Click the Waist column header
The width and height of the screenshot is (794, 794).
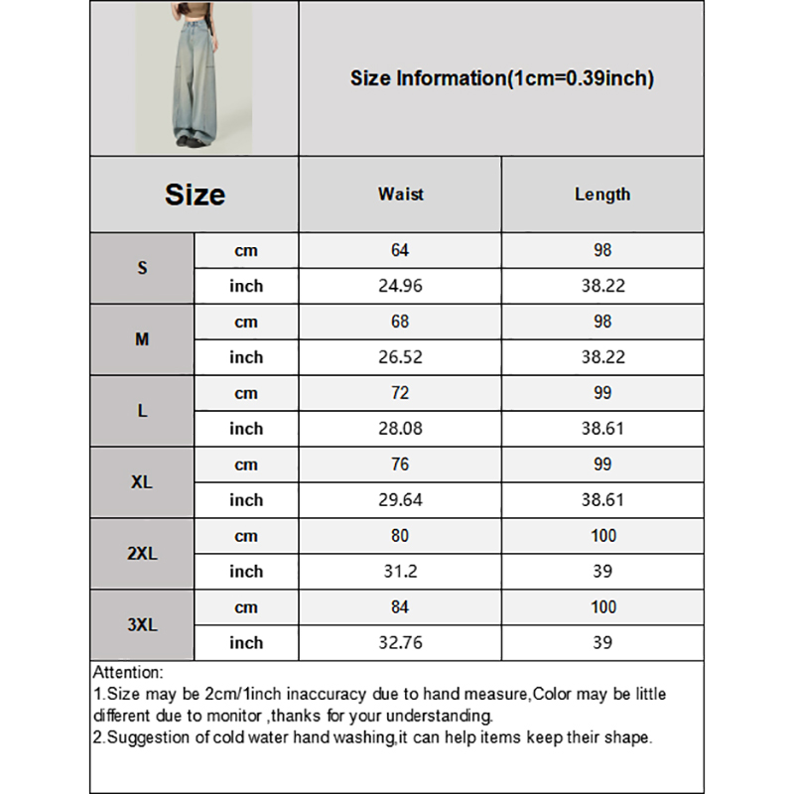tap(400, 195)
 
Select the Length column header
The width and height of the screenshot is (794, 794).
tap(602, 195)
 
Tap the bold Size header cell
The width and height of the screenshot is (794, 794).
tap(195, 195)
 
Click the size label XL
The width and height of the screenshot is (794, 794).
tap(142, 482)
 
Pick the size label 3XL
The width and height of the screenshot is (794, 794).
tap(142, 625)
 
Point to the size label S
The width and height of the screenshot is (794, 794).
tap(142, 268)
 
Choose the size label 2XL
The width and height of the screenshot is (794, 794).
tap(142, 554)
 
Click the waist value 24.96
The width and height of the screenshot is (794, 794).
tap(400, 286)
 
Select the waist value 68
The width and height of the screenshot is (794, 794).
tap(400, 322)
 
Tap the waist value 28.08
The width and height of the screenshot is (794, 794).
tap(400, 429)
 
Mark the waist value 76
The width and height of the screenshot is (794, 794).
tap(400, 464)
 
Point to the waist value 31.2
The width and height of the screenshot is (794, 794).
tap(400, 572)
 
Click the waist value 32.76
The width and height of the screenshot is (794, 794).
tap(400, 643)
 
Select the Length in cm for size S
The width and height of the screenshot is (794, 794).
tap(602, 250)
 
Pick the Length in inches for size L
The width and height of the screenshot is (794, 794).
tap(602, 429)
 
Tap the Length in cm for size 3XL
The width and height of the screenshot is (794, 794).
tap(602, 607)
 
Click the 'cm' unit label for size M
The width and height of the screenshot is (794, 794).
tap(246, 322)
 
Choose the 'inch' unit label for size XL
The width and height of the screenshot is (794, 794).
tap(246, 500)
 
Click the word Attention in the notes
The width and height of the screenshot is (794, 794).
tap(127, 673)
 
